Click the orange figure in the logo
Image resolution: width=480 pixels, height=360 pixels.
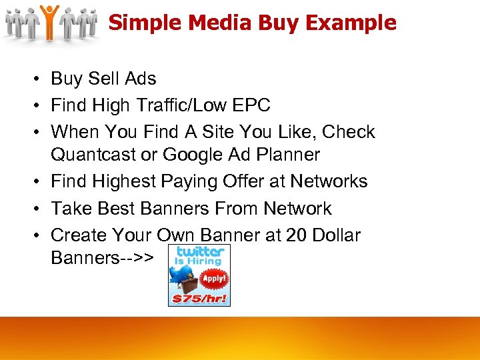click(x=49, y=21)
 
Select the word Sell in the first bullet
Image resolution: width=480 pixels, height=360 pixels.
click(x=104, y=79)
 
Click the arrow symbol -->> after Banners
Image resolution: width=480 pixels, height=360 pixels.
click(x=138, y=258)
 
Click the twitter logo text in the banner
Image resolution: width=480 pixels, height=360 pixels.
click(x=199, y=252)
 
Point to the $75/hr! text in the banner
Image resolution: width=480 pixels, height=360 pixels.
click(x=199, y=299)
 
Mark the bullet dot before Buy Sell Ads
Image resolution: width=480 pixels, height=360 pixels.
click(x=32, y=79)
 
